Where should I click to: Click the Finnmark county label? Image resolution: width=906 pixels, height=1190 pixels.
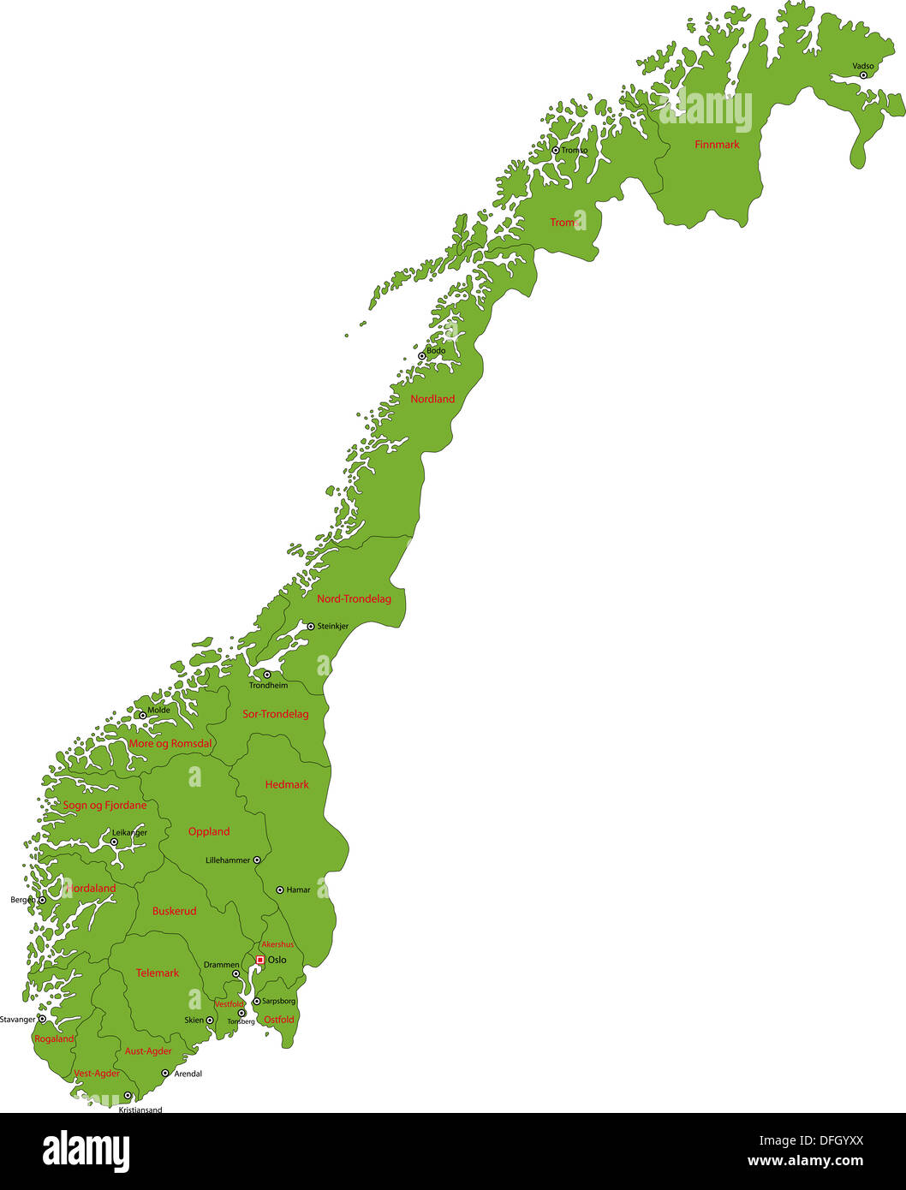[x=717, y=145]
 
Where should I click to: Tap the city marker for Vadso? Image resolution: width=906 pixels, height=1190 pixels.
[x=863, y=75]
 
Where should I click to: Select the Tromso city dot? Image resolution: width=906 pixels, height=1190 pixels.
[x=555, y=150]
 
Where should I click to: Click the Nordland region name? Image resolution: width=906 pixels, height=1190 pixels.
[x=432, y=399]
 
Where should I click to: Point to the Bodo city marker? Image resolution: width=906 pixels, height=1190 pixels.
[x=421, y=355]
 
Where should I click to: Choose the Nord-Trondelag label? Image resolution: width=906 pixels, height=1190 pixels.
[x=354, y=598]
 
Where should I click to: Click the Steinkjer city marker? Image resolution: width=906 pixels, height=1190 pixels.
[x=311, y=626]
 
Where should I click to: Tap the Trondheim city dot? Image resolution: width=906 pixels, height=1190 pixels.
[x=266, y=675]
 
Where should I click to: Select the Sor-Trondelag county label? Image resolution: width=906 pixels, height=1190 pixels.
[x=275, y=714]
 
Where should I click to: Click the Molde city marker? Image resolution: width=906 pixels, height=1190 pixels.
[x=142, y=715]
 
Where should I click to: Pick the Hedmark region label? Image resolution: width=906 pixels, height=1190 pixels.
[x=287, y=784]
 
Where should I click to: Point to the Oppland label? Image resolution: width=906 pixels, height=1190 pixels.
[x=209, y=831]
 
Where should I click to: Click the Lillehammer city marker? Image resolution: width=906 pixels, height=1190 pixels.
[x=256, y=860]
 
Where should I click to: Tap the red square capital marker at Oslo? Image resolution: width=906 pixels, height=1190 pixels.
[x=260, y=960]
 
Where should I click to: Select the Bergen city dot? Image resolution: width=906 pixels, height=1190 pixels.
[x=42, y=900]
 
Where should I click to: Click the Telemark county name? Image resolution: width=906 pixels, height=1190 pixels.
[x=158, y=973]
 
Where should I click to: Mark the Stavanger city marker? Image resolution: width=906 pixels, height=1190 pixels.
[x=42, y=1019]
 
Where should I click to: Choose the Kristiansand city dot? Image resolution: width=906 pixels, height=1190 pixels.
[x=128, y=1095]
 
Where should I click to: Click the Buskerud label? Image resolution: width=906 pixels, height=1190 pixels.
[x=174, y=911]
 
